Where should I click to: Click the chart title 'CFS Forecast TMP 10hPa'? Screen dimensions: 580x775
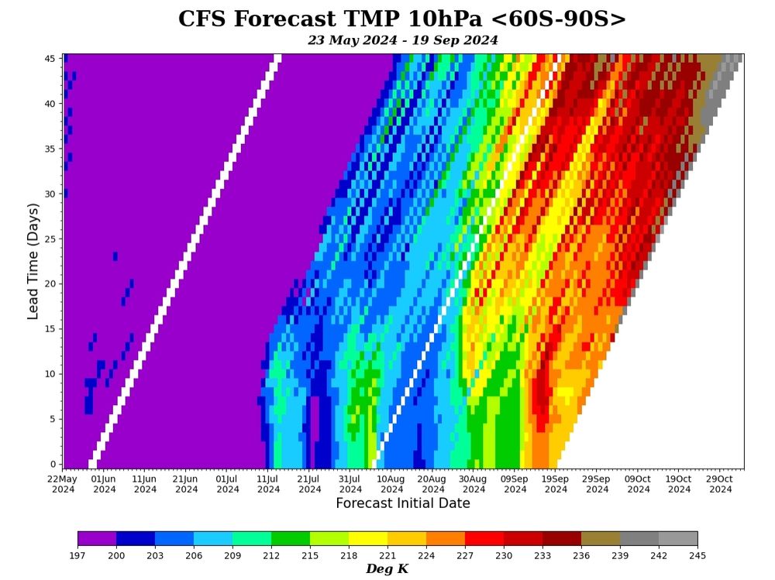point(402,19)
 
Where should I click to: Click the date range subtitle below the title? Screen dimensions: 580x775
point(402,40)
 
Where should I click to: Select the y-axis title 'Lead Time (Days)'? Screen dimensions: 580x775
point(33,261)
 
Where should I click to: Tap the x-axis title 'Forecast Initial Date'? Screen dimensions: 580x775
point(402,503)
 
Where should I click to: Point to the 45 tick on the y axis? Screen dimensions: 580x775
point(48,58)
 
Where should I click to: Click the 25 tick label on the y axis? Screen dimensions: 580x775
point(48,239)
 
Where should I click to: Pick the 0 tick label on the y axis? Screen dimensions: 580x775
point(51,464)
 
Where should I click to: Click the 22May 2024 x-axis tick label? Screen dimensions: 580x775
point(63,484)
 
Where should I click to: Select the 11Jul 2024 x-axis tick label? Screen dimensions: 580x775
point(268,484)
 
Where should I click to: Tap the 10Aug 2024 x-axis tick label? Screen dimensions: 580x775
point(391,484)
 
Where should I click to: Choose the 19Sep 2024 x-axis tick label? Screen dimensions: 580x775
point(556,484)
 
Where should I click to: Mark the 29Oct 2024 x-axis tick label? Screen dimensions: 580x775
point(720,484)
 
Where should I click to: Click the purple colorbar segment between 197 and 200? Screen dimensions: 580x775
point(97,538)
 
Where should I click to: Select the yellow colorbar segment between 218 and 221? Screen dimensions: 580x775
point(368,538)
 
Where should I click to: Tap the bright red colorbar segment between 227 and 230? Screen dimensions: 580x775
point(484,538)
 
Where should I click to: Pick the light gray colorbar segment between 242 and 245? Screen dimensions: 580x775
point(678,538)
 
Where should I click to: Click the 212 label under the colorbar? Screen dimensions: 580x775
point(271,555)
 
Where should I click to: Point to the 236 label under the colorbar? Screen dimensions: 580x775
point(581,555)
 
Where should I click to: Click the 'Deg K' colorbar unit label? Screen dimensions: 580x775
point(387,570)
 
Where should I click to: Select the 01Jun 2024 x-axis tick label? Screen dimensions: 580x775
point(104,484)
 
